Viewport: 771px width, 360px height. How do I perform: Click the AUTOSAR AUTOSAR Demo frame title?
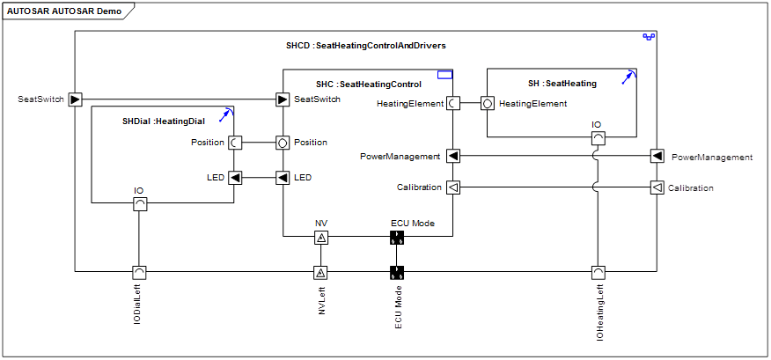pos(64,11)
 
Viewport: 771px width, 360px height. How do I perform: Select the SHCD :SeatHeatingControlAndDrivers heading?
pos(366,46)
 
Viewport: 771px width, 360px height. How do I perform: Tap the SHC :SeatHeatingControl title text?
pos(368,84)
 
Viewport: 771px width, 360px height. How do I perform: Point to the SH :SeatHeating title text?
pos(562,84)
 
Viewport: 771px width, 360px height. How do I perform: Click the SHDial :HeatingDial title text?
pos(164,121)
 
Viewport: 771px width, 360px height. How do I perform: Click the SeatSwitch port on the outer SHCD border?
pos(75,99)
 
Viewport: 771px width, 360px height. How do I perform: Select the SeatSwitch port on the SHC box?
pos(283,99)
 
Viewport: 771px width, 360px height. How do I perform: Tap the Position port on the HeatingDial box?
pos(233,143)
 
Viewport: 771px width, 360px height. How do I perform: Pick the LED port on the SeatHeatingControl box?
pos(283,177)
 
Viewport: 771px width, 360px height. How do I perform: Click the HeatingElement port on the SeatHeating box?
pos(487,104)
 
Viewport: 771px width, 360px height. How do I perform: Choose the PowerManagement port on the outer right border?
pos(657,157)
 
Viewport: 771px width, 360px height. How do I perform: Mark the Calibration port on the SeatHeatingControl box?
pos(452,187)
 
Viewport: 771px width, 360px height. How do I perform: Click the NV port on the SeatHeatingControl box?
pos(321,238)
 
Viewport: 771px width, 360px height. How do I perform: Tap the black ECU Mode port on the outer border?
pos(397,272)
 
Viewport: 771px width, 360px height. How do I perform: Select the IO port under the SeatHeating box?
pos(598,138)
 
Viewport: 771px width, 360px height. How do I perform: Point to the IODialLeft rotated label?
pos(139,305)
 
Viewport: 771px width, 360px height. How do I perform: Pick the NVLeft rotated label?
pos(321,299)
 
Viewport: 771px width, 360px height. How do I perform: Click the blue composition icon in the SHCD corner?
pos(649,37)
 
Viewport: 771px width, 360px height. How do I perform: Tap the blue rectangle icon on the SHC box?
pos(444,75)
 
